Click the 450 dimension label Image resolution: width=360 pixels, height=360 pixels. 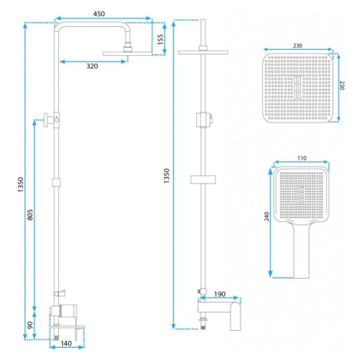(99, 14)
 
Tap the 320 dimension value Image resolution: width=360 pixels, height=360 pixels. (92, 67)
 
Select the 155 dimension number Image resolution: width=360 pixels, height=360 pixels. (160, 40)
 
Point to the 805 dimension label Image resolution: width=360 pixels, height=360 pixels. (30, 214)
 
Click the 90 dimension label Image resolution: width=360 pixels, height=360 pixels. (30, 325)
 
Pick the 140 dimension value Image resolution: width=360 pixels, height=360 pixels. (66, 343)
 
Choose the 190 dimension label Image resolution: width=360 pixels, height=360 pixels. (220, 294)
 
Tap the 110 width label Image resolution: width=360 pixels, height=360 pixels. (302, 159)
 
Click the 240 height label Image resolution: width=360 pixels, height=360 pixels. (267, 216)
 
